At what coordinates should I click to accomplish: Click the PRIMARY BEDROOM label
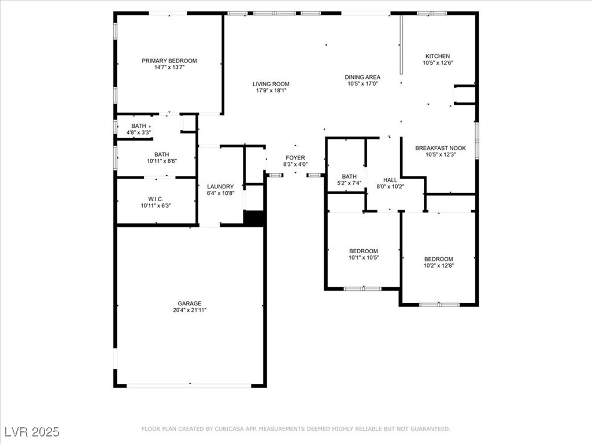[169, 61]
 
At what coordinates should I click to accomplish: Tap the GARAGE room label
[190, 304]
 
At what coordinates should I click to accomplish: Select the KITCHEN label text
[438, 56]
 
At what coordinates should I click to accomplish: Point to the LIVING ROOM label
[271, 84]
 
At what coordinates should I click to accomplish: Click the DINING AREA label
[362, 77]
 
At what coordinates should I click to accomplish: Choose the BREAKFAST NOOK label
[441, 149]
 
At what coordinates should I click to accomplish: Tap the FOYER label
[295, 158]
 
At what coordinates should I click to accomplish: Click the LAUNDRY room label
[220, 187]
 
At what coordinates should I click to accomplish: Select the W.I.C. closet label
[156, 199]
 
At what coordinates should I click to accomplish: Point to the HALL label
[390, 180]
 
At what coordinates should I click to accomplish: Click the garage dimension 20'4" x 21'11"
[190, 310]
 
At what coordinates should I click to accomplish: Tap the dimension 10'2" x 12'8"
[439, 265]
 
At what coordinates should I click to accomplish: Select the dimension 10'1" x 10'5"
[364, 257]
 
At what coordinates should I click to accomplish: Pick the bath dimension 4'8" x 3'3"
[139, 132]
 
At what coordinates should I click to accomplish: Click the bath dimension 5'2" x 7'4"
[349, 183]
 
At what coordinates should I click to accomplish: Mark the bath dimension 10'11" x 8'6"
[162, 161]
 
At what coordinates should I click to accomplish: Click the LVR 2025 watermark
[32, 431]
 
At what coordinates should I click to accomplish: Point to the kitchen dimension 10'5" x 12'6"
[438, 63]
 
